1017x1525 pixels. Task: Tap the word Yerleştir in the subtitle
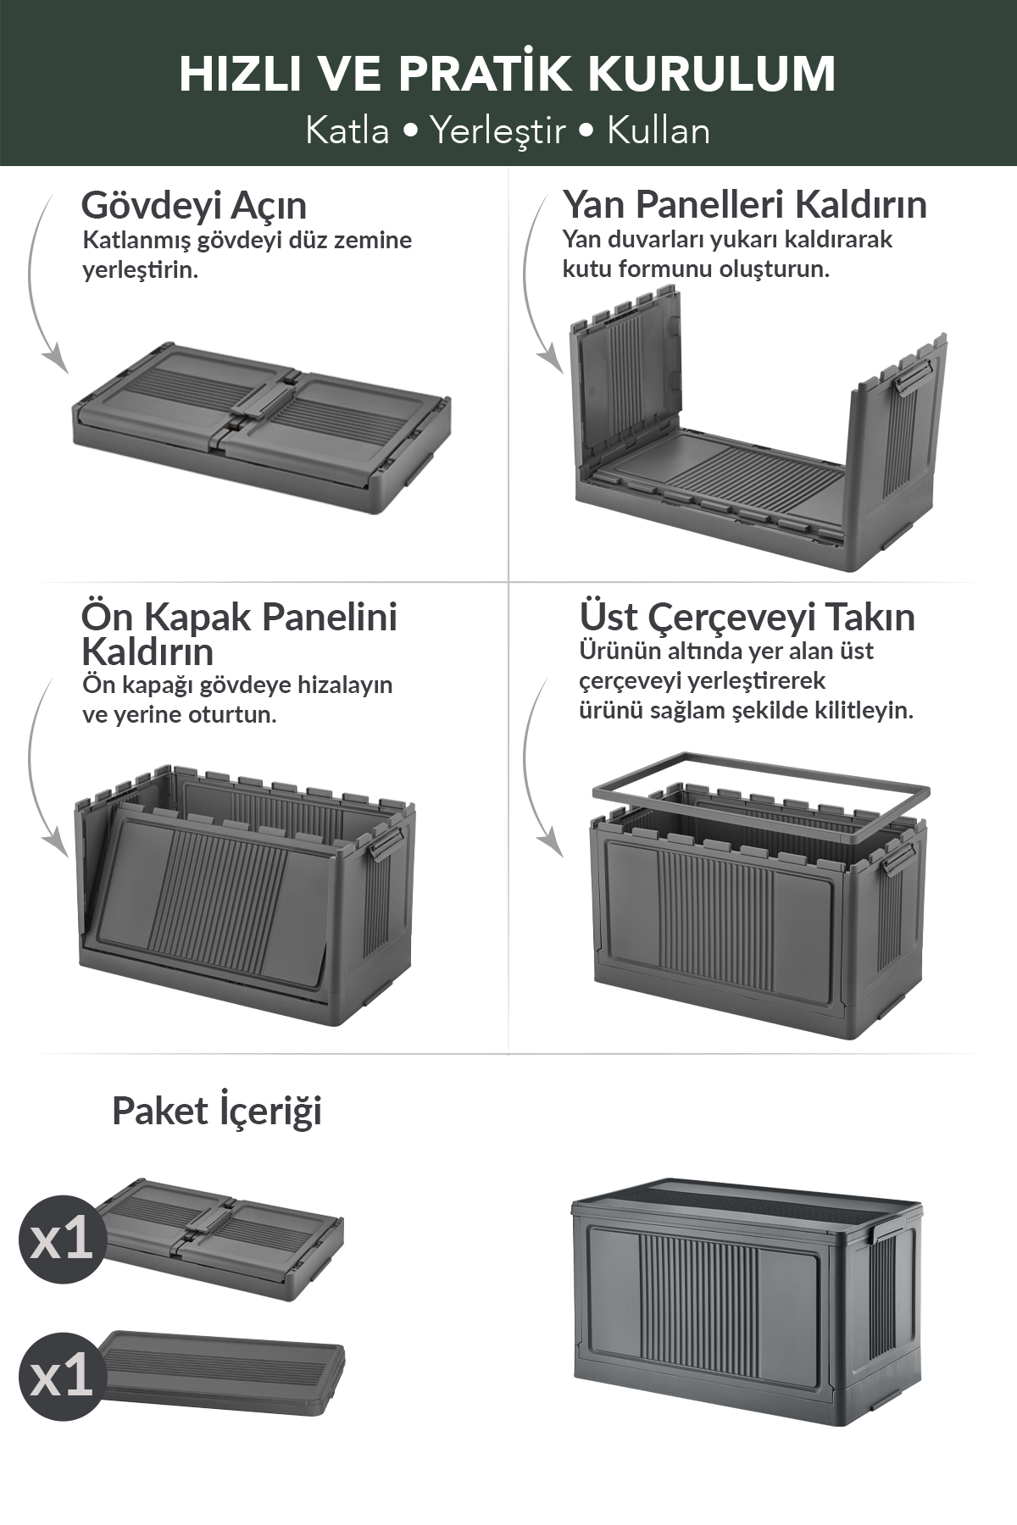coord(497,131)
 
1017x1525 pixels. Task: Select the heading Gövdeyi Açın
coord(194,206)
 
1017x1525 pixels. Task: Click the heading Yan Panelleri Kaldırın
coord(745,204)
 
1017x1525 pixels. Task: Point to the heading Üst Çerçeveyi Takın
coord(747,618)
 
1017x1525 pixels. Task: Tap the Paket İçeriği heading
coord(217,1112)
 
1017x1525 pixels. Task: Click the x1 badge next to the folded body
coord(62,1239)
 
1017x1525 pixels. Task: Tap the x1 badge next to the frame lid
coord(62,1376)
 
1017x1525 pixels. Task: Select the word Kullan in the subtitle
coord(659,131)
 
